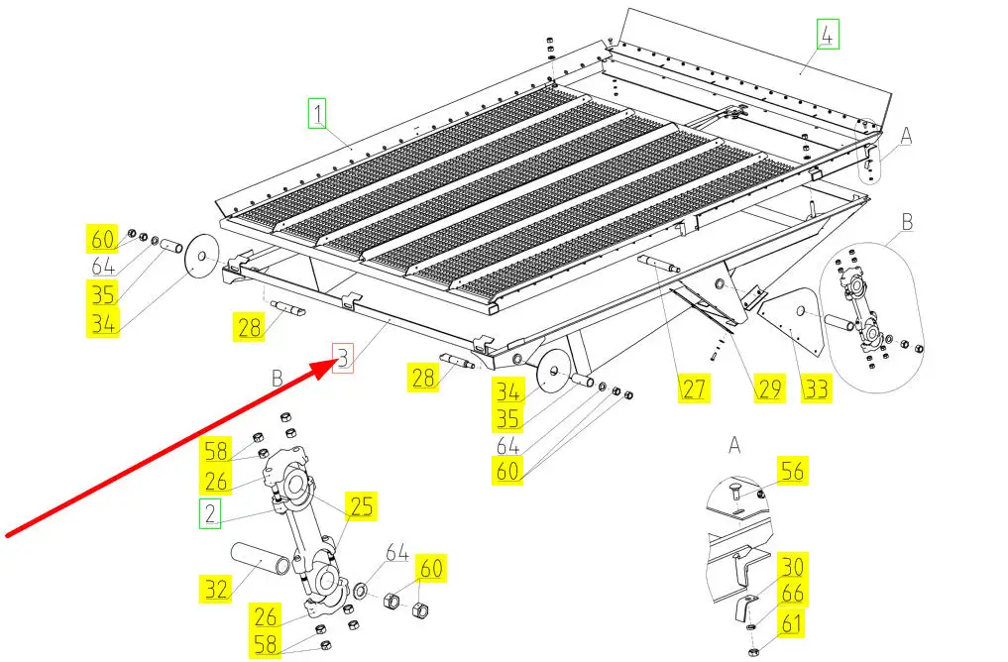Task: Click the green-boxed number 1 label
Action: (x=316, y=114)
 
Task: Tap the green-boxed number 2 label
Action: (x=209, y=513)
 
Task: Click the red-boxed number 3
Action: (x=342, y=358)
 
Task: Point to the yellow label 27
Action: (x=694, y=387)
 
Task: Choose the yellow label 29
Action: (x=770, y=387)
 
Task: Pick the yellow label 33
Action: (x=816, y=387)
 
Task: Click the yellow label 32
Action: (x=216, y=590)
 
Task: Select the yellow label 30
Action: (x=792, y=566)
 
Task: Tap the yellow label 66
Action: (x=792, y=594)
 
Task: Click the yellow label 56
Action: (x=793, y=471)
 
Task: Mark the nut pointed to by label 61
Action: (x=754, y=649)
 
